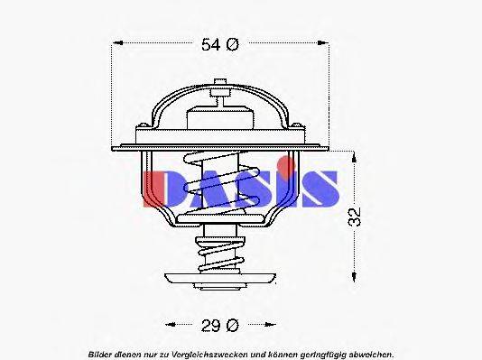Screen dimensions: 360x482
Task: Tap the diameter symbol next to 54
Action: [232, 44]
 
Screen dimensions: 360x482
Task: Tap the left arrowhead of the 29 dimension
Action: [168, 323]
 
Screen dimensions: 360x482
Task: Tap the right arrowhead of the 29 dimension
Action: [270, 323]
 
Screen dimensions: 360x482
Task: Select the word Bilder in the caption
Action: [102, 352]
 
